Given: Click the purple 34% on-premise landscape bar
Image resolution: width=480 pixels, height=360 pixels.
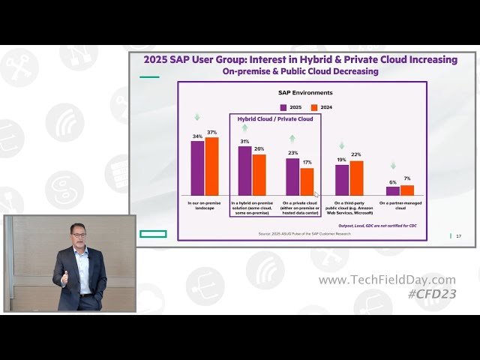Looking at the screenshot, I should pos(197,168).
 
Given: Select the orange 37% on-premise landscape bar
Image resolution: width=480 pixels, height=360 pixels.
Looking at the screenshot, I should pos(212,166).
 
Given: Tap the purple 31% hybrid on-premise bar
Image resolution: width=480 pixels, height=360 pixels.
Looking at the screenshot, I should pos(244,170).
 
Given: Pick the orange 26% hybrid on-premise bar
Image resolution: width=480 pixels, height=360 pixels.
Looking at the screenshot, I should pos(259,175).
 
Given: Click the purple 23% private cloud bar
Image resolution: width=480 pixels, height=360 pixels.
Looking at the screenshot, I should pos(292,177).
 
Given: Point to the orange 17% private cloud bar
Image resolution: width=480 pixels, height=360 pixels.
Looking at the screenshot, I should pos(307,181).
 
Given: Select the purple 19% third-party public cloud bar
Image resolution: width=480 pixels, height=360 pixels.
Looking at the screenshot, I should pos(341,180).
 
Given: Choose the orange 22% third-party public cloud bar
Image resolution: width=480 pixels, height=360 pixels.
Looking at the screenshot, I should pos(356,178).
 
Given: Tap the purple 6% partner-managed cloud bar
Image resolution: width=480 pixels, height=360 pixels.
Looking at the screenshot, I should pos(392,190).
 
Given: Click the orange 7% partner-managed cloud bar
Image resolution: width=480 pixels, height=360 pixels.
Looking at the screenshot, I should pos(407,190).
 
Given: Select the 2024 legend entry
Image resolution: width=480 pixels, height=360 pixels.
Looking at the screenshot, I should pos(321,107).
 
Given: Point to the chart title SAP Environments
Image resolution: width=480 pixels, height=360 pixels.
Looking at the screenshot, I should pos(305,93).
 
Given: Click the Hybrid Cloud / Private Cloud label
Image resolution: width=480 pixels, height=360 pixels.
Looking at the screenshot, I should pos(275,119).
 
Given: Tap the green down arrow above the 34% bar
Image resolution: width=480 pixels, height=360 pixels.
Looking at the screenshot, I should pos(198,117).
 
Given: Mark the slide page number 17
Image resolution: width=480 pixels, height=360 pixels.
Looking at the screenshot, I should pos(458,236).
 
